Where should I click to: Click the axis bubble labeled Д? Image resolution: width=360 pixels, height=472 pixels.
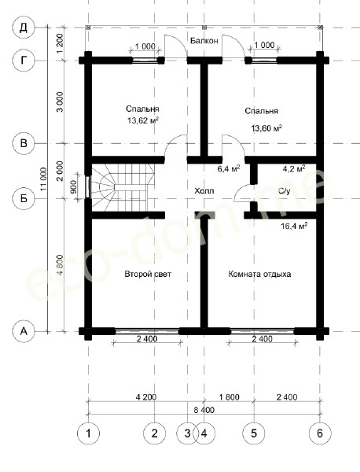point(24,28)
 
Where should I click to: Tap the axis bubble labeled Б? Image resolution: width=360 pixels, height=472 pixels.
point(24,198)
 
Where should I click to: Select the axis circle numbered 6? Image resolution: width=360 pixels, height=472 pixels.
point(320,433)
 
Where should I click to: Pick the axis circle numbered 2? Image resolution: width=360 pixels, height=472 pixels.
point(155,433)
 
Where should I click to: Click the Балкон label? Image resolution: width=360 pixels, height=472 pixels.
point(204,41)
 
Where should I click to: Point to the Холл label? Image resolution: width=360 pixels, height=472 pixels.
point(204,191)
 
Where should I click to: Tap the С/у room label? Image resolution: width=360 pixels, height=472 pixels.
point(284,191)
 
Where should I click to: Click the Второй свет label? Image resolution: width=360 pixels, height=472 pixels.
point(148,274)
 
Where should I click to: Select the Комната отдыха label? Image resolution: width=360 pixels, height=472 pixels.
point(259,275)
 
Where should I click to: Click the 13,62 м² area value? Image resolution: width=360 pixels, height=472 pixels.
point(143,120)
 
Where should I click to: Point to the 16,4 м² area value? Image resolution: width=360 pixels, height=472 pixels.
point(294,226)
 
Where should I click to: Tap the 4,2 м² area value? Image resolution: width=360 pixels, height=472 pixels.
point(294,168)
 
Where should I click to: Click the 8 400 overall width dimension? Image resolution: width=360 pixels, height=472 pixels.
point(204,410)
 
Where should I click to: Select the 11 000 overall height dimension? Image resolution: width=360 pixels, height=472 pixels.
point(43,179)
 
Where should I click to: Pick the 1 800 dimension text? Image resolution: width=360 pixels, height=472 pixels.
point(230,397)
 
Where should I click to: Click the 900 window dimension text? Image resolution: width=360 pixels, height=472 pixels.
point(74,187)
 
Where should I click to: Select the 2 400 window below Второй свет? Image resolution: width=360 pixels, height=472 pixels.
point(147,331)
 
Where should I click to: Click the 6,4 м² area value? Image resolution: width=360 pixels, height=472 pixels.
point(229,168)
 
